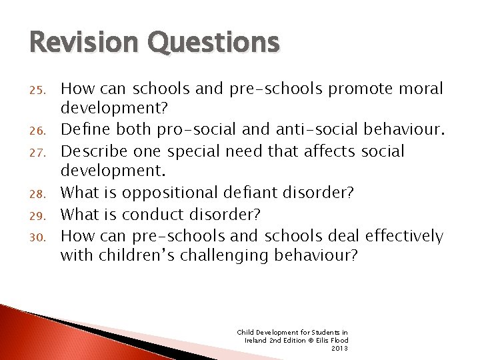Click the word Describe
[x=93, y=151]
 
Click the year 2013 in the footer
[x=340, y=347]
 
